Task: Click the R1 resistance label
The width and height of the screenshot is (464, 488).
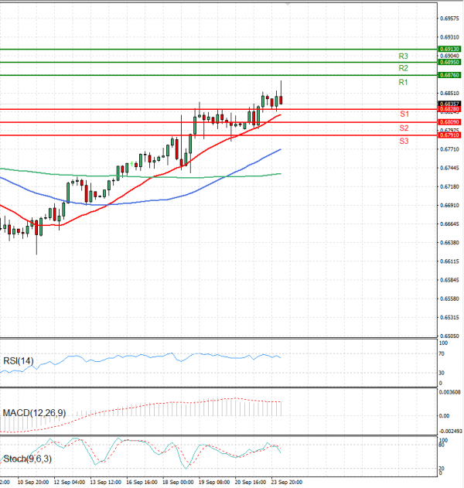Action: point(403,82)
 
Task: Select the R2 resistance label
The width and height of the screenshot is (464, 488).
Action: point(403,69)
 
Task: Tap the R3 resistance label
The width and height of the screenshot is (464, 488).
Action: point(403,56)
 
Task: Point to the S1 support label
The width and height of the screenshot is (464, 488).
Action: point(404,114)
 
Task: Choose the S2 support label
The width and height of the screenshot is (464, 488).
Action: point(404,128)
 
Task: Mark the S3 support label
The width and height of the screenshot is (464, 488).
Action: point(404,141)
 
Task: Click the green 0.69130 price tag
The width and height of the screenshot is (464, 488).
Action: point(450,49)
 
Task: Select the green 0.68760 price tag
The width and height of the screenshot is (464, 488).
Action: point(450,75)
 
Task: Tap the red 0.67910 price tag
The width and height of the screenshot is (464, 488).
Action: point(450,135)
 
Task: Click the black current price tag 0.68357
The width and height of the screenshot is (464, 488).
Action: point(450,104)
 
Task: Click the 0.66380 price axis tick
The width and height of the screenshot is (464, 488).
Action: point(450,243)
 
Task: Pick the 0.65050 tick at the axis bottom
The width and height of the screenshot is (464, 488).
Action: point(450,336)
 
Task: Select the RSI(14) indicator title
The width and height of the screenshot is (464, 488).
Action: point(19,360)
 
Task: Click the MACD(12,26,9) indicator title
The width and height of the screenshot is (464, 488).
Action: point(34,413)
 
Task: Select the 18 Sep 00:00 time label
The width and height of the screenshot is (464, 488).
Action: point(178,482)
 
